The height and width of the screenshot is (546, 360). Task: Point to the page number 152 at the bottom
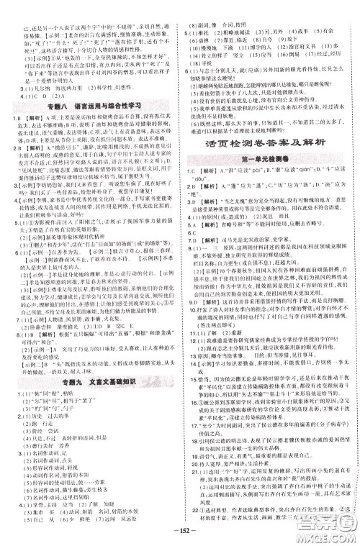(180, 537)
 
